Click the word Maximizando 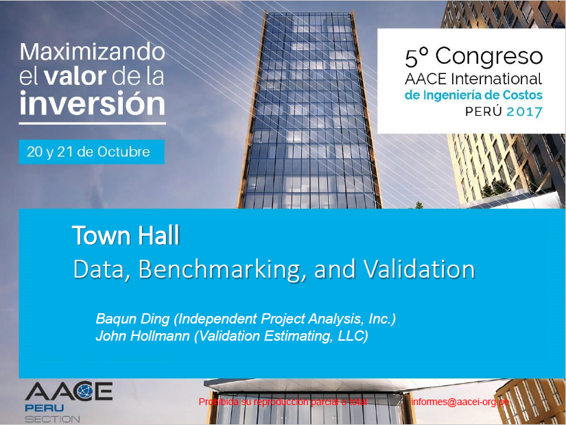tap(93, 52)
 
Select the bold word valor tap(75, 76)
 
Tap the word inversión tap(93, 104)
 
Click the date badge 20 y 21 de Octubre tap(91, 152)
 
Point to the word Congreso tap(489, 57)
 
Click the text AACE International tap(473, 79)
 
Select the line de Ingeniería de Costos tap(473, 95)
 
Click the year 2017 tap(524, 112)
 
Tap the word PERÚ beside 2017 tap(484, 111)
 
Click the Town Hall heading tap(126, 236)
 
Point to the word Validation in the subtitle tap(418, 269)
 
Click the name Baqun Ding tap(132, 319)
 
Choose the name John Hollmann tap(143, 336)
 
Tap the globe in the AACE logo tap(86, 391)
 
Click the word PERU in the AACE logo tap(45, 408)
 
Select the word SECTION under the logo tap(52, 420)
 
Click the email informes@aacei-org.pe tap(460, 402)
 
